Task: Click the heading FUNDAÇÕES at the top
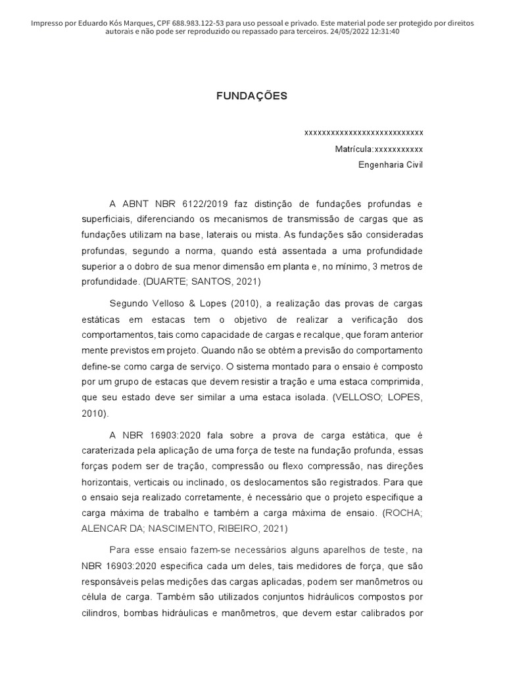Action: coord(252,96)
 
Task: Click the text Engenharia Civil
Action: coord(391,165)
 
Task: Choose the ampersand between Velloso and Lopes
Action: coord(187,302)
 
